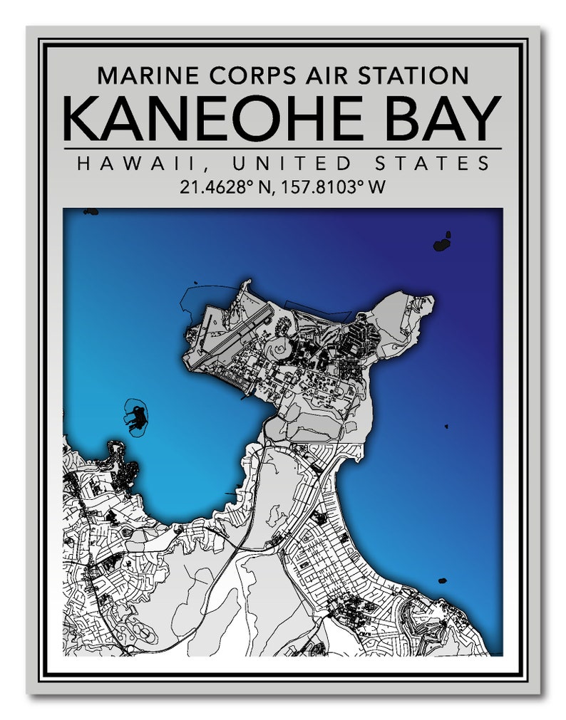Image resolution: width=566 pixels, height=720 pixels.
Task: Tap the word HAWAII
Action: (122, 164)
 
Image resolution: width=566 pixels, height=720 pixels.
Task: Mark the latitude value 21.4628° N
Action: (228, 188)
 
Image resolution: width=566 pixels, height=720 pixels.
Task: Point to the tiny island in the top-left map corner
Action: (90, 212)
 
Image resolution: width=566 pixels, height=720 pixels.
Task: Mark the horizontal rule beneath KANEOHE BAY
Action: (282, 149)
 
